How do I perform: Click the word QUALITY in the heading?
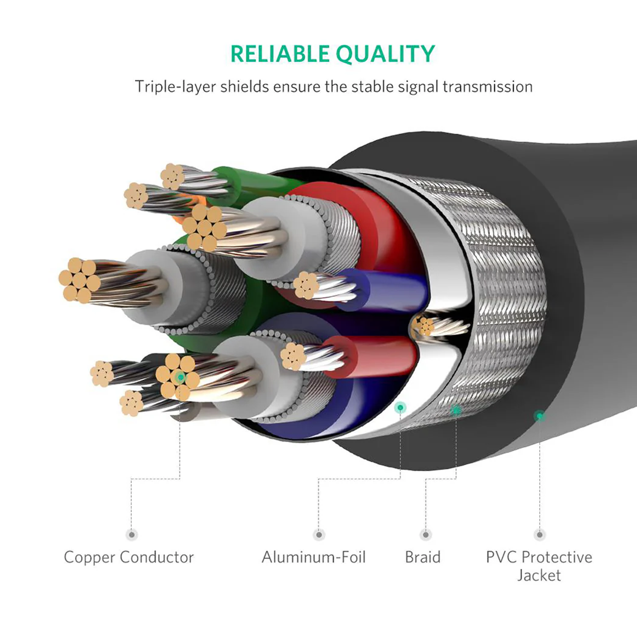(x=385, y=54)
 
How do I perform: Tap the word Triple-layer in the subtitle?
(x=175, y=87)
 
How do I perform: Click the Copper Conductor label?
(x=129, y=557)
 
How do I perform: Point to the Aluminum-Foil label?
(x=313, y=557)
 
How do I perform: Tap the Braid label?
(x=422, y=557)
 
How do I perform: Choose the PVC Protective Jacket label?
(x=539, y=566)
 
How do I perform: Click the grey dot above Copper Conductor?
(x=131, y=535)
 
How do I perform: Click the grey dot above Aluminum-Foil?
(x=319, y=535)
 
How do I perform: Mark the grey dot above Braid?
(x=425, y=535)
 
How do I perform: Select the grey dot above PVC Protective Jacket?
(x=540, y=535)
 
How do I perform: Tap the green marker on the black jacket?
(x=539, y=415)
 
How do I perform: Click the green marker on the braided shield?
(x=456, y=410)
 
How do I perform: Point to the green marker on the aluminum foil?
(x=400, y=407)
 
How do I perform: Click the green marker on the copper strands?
(x=180, y=377)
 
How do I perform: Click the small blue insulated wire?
(x=388, y=289)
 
